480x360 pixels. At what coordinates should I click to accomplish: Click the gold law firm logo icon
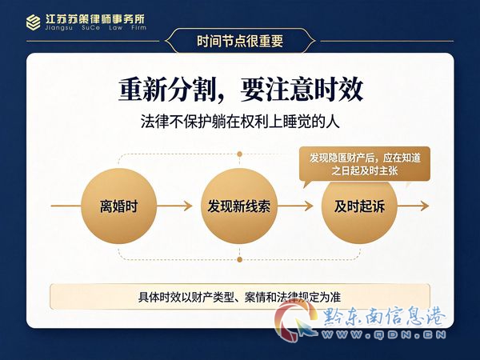[x=33, y=22]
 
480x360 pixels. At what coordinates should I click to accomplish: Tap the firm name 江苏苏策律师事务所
[x=95, y=19]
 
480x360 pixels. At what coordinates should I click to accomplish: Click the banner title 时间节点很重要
[x=240, y=41]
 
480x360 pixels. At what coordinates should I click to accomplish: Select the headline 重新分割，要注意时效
[x=241, y=90]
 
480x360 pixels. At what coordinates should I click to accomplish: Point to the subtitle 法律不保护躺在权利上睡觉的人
[x=240, y=122]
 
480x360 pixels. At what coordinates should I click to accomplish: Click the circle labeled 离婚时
[x=118, y=206]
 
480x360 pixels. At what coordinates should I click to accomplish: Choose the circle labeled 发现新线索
[x=239, y=206]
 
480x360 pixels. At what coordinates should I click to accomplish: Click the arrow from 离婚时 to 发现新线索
[x=174, y=206]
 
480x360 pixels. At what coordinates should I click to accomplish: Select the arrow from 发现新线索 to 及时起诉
[x=295, y=206]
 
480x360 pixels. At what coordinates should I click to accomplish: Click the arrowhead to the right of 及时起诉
[x=425, y=206]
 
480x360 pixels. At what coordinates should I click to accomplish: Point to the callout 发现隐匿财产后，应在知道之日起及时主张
[x=365, y=164]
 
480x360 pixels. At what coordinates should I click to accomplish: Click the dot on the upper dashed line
[x=240, y=154]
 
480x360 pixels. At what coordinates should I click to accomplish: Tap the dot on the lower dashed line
[x=240, y=259]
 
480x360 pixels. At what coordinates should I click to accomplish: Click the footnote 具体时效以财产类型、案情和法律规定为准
[x=240, y=297]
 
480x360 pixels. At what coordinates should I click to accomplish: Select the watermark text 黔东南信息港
[x=384, y=317]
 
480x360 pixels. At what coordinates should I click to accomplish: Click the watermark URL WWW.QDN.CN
[x=384, y=334]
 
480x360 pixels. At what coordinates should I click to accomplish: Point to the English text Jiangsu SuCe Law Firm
[x=95, y=28]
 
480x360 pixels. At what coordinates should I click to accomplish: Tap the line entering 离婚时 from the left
[x=66, y=206]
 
